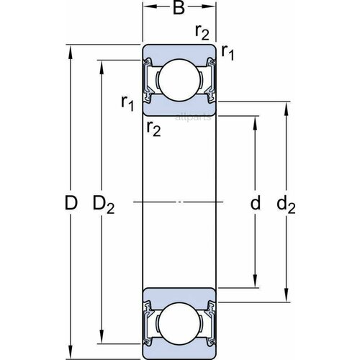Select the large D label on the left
pyautogui.click(x=70, y=204)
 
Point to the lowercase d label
pyautogui.click(x=254, y=204)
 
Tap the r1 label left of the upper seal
pyautogui.click(x=127, y=104)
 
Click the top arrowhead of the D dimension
pyautogui.click(x=70, y=50)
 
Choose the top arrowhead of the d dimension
pyautogui.click(x=254, y=117)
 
